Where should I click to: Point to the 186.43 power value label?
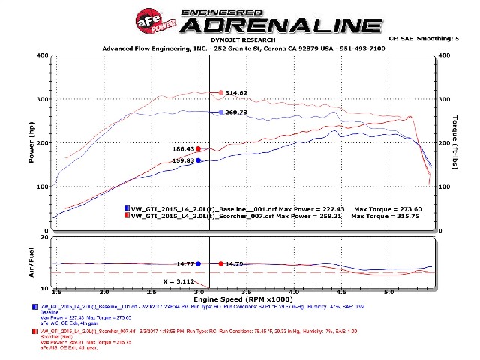(x=184, y=148)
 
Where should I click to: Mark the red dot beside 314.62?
(x=220, y=93)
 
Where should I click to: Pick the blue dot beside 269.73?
(x=220, y=112)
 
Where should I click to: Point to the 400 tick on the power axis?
(x=43, y=55)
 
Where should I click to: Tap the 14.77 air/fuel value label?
(x=185, y=263)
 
